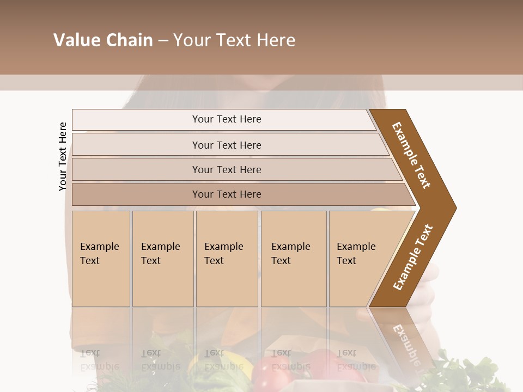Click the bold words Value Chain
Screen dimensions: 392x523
[103, 40]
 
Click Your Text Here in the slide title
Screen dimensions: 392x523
[234, 40]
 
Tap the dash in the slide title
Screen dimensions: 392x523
[163, 41]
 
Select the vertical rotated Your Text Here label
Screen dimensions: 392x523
[63, 156]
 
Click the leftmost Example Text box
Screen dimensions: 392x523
[101, 259]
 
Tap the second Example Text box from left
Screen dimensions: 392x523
[163, 259]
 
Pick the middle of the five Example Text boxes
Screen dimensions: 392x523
[227, 259]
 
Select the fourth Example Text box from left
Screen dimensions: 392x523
[294, 259]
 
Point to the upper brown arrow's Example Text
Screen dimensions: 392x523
[411, 155]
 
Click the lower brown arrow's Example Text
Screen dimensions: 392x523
[412, 258]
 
